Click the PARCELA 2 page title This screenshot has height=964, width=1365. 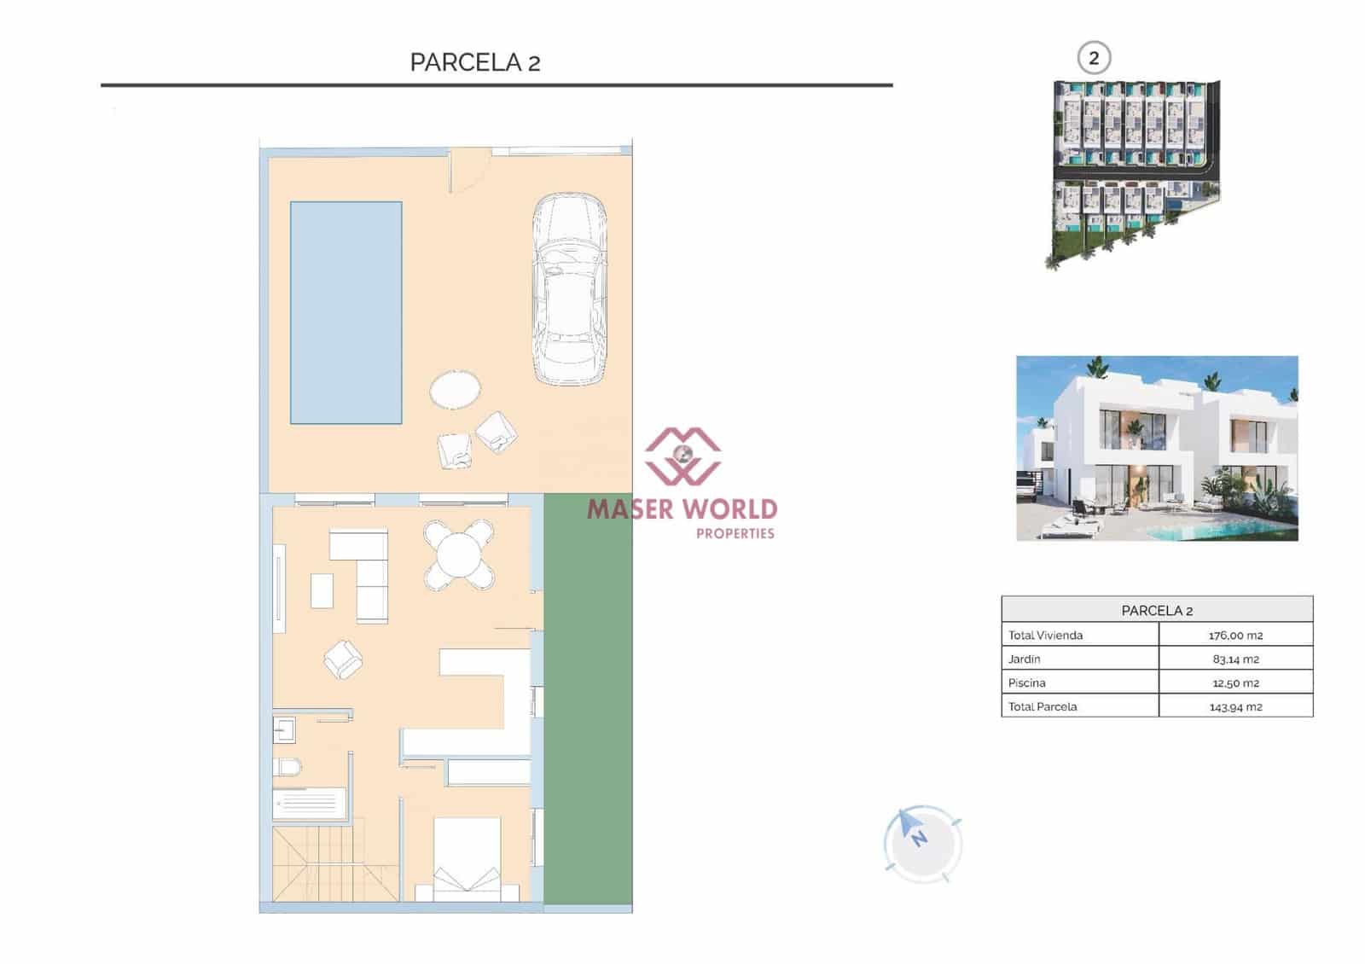pos(475,62)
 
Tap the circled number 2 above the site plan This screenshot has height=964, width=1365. pos(1094,59)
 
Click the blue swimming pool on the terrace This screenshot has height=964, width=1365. pos(346,312)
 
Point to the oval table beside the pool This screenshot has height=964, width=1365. pos(455,390)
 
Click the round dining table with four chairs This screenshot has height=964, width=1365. pos(459,556)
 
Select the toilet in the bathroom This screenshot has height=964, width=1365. pos(288,767)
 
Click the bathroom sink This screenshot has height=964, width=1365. pos(284,730)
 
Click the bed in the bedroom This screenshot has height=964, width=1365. pos(467,858)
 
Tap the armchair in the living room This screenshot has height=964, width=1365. pos(343,659)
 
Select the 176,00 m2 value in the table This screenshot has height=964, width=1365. pos(1235,635)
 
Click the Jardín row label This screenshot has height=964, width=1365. pos(1025,659)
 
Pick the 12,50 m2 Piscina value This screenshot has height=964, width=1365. pos(1235,682)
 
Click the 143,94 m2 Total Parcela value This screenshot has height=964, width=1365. pos(1235,706)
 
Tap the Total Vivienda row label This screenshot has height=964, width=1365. pos(1045,635)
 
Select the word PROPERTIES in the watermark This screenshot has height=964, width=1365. pos(735,533)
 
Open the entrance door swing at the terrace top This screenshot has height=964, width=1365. pos(468,168)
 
